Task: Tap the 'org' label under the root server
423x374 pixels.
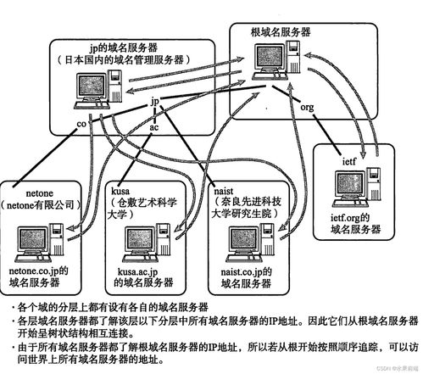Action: [x=308, y=109]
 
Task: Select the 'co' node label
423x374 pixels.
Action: [x=81, y=124]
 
